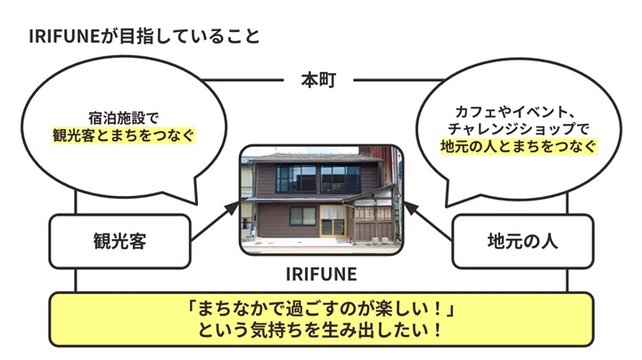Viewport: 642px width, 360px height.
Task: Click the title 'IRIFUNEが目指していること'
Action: click(x=144, y=37)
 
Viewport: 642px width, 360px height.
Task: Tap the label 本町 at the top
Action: click(x=318, y=80)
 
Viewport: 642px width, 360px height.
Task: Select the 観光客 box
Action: click(x=120, y=241)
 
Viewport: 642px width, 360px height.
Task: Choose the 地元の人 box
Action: click(x=523, y=241)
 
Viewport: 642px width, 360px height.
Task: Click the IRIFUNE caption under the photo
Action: click(x=321, y=274)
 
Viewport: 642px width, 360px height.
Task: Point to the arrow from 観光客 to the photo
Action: click(x=215, y=220)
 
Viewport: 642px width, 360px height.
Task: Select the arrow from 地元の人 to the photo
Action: click(x=428, y=220)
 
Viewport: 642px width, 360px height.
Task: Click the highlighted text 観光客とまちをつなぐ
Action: click(x=124, y=135)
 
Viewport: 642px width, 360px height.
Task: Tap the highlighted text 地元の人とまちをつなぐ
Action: click(x=518, y=146)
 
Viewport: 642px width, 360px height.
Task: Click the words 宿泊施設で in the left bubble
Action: click(x=124, y=119)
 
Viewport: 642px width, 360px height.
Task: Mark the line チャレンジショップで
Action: click(x=518, y=129)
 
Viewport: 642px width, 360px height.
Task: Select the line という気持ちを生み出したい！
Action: click(x=321, y=330)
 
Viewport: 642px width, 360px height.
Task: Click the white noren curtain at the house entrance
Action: click(x=332, y=212)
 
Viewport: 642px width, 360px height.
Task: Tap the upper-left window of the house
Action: click(x=296, y=179)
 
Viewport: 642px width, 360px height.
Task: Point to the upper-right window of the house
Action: click(x=341, y=179)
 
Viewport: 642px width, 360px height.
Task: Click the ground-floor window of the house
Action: click(x=303, y=216)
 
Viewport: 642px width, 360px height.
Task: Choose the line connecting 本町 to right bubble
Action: click(x=399, y=80)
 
